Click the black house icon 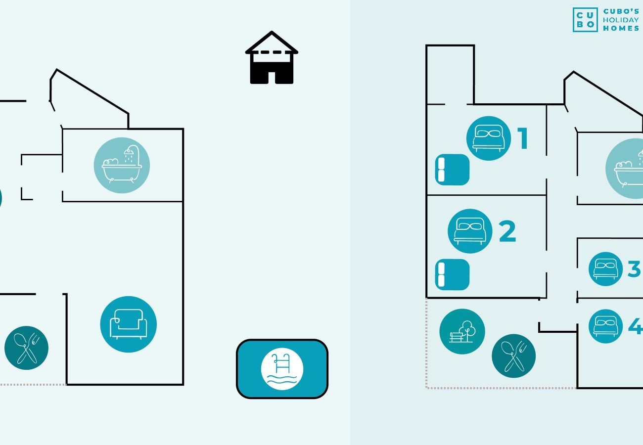pyautogui.click(x=272, y=58)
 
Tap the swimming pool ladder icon pyautogui.click(x=282, y=369)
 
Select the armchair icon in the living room pyautogui.click(x=129, y=324)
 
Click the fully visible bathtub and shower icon pyautogui.click(x=122, y=165)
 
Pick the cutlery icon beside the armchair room pyautogui.click(x=27, y=348)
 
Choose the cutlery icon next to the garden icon pyautogui.click(x=514, y=356)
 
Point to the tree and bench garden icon pyautogui.click(x=462, y=332)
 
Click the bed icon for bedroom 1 pyautogui.click(x=489, y=138)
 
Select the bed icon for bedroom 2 pyautogui.click(x=470, y=231)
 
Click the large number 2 pyautogui.click(x=507, y=231)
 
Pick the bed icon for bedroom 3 pyautogui.click(x=605, y=269)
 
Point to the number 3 pyautogui.click(x=634, y=269)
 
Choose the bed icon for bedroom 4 pyautogui.click(x=605, y=326)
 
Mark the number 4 pyautogui.click(x=635, y=326)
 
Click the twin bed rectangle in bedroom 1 pyautogui.click(x=452, y=170)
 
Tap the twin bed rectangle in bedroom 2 pyautogui.click(x=452, y=274)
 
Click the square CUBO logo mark pyautogui.click(x=585, y=20)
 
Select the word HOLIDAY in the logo pyautogui.click(x=621, y=20)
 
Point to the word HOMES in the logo pyautogui.click(x=621, y=28)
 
